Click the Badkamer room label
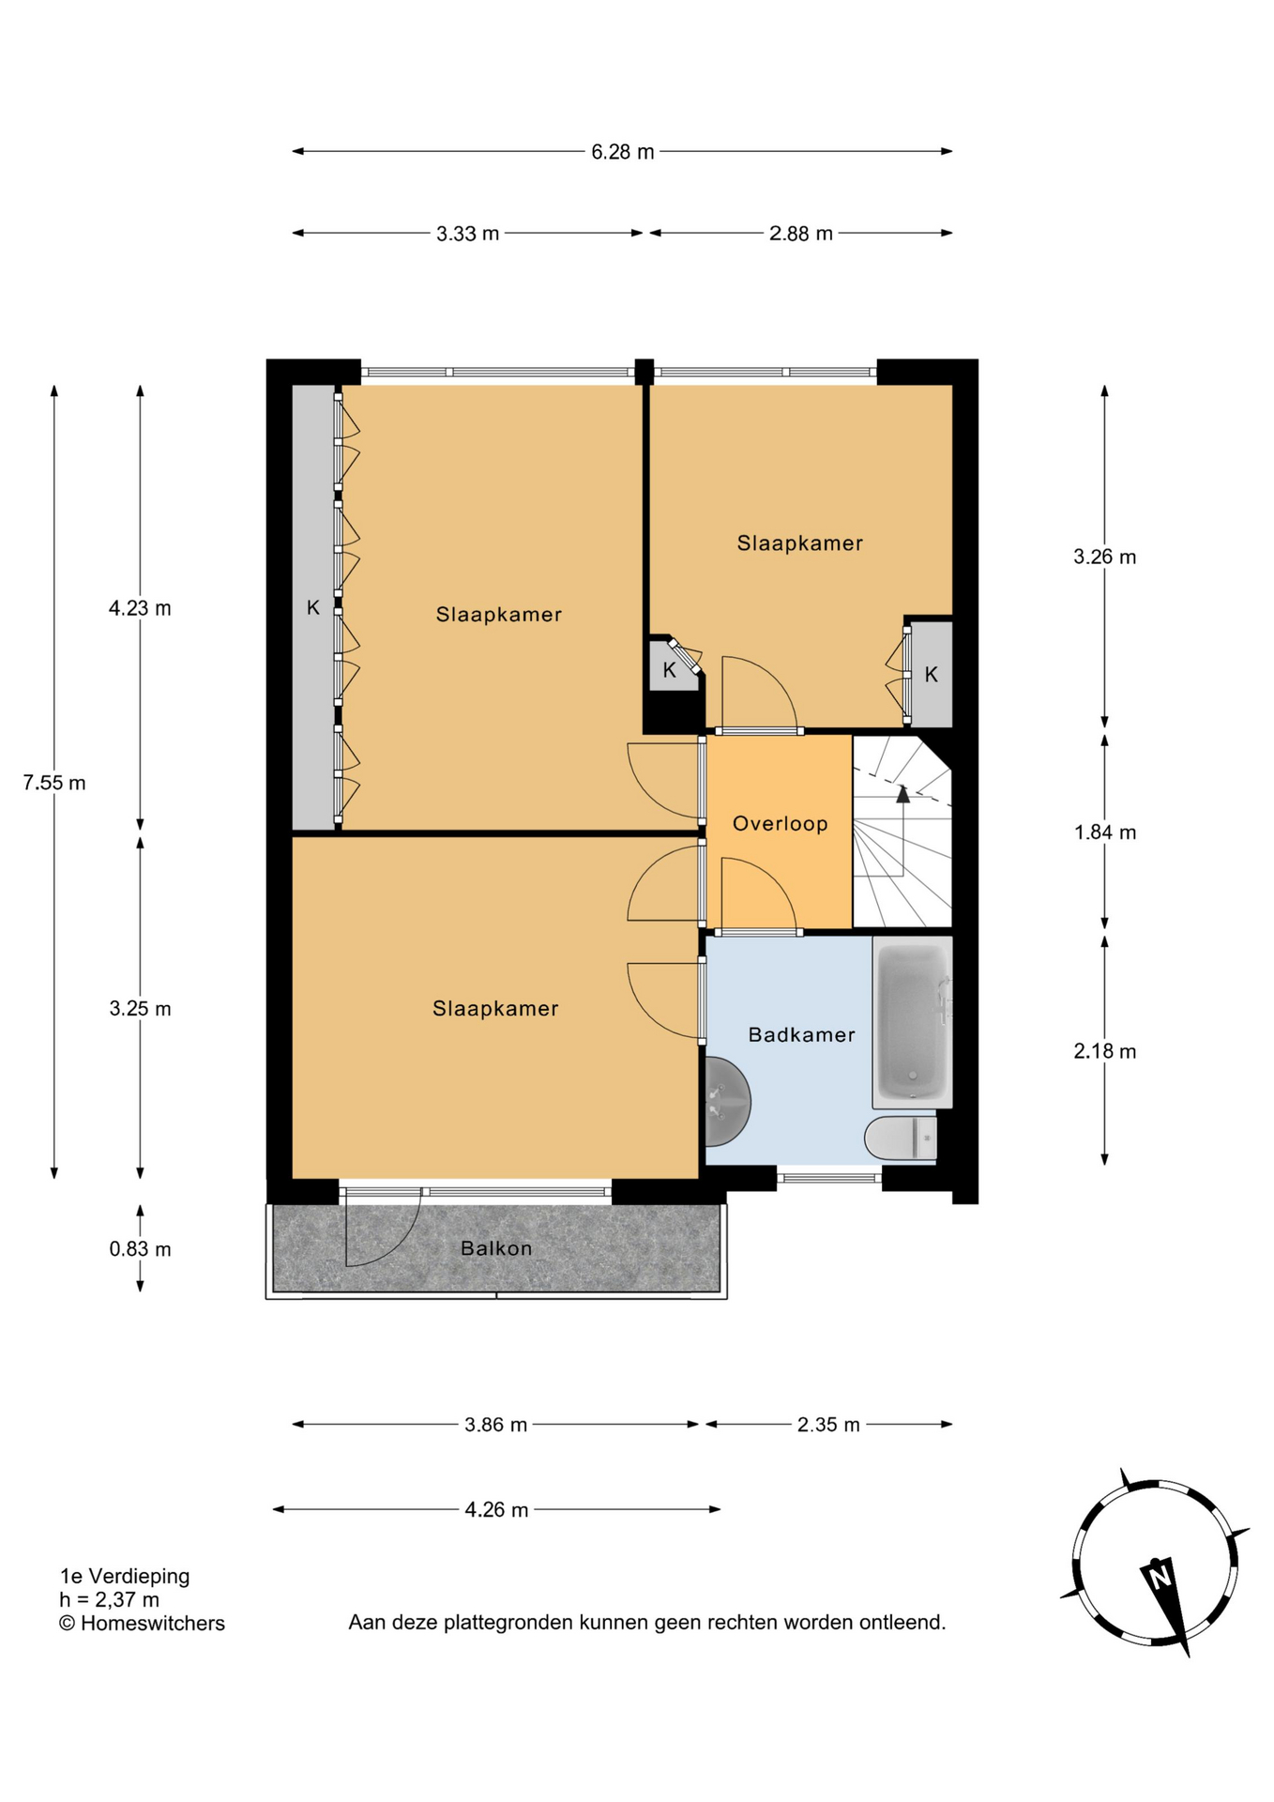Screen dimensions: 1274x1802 [801, 1034]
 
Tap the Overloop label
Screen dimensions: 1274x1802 [780, 824]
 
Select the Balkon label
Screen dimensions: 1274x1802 [496, 1248]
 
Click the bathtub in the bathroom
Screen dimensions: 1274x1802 [912, 1022]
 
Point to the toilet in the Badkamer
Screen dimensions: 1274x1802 [901, 1138]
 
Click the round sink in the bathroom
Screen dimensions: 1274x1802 [726, 1102]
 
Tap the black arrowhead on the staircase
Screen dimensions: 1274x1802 [902, 794]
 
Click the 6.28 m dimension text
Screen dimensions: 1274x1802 [622, 152]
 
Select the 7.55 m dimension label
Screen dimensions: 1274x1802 [54, 783]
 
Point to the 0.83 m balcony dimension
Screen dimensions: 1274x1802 [140, 1249]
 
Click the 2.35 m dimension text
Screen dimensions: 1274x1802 [828, 1425]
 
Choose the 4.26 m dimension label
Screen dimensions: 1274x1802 [496, 1509]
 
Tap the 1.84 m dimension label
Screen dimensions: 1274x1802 [1105, 832]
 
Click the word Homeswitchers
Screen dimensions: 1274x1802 [153, 1624]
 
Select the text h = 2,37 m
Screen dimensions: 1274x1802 [110, 1600]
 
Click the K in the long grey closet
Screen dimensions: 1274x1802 [313, 608]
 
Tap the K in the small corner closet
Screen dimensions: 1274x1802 [669, 670]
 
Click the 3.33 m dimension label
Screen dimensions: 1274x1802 [467, 234]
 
